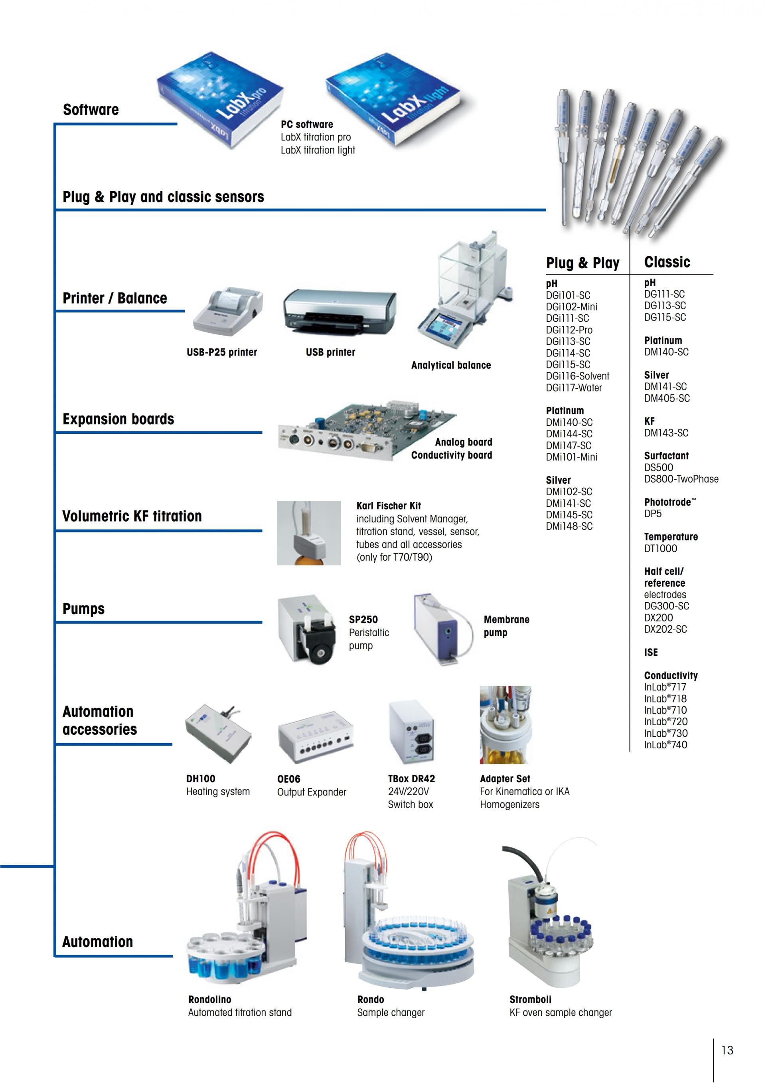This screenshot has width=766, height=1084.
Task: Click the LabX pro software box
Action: (220, 100)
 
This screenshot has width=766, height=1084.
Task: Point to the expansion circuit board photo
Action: (367, 431)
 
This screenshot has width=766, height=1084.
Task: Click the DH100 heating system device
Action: (218, 733)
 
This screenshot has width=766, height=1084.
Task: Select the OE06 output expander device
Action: (315, 737)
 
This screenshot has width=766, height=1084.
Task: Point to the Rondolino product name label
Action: (209, 999)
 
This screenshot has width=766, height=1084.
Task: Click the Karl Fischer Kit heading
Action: (389, 506)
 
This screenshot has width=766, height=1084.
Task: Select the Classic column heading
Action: (667, 262)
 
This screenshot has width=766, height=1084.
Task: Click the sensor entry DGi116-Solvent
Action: (577, 376)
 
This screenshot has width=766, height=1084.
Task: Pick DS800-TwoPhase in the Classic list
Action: (681, 479)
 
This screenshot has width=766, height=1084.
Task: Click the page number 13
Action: (727, 1050)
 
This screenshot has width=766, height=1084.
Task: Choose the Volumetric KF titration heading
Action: (132, 516)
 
